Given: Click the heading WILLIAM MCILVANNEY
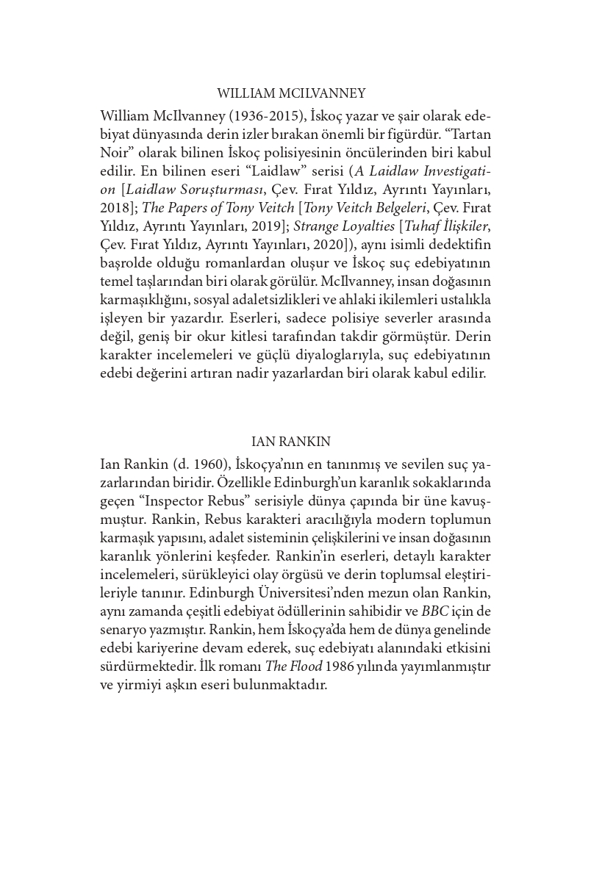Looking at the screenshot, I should (x=291, y=93).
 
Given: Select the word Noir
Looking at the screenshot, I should (x=116, y=154).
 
